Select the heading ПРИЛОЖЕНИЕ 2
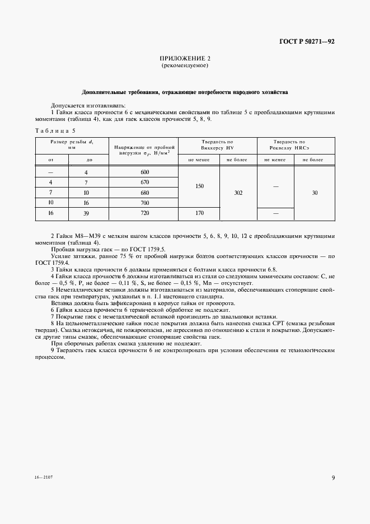tap(185, 58)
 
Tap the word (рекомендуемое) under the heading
tap(185, 65)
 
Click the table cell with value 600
tap(145, 172)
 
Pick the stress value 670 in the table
tap(145, 182)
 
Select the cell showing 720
tap(145, 213)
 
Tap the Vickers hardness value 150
tap(199, 186)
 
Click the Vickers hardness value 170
tap(199, 213)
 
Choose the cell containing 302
tap(238, 193)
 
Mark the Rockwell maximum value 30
tap(315, 193)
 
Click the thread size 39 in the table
tap(86, 213)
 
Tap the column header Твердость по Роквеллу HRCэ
tap(295, 145)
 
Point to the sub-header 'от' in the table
tap(51, 160)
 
